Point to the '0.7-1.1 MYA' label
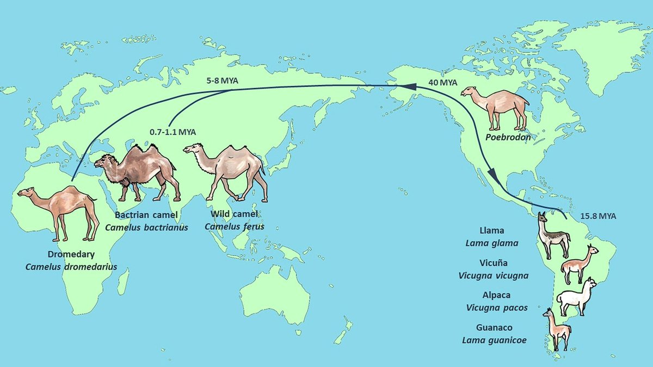coord(172,132)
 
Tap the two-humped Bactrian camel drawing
coord(139,170)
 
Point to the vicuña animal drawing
coord(580,264)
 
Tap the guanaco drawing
coord(557,329)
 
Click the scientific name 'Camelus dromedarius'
coord(71,266)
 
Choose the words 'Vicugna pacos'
coord(497,307)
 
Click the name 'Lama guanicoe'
coord(495,340)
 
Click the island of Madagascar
coord(123,280)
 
